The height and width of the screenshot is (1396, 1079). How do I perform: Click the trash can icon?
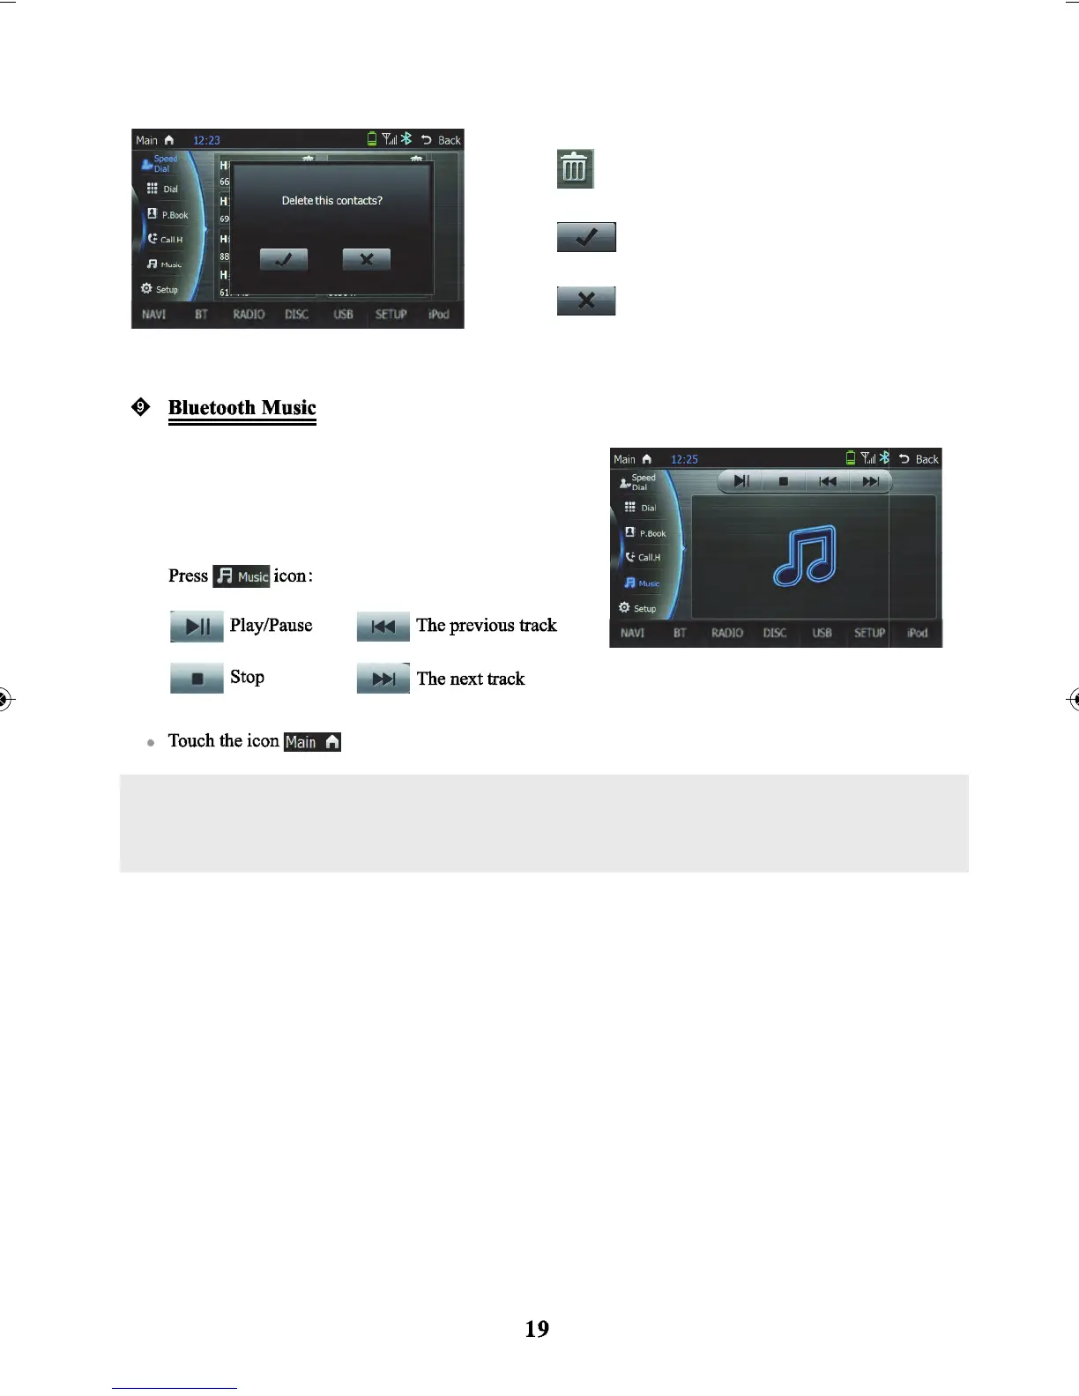coord(575,168)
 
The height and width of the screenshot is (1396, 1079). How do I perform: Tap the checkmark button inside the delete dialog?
coord(284,259)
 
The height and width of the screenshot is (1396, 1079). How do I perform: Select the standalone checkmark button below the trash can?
coord(586,237)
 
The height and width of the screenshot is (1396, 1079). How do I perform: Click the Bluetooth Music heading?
coord(242,407)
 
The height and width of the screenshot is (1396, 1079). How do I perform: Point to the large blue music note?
coord(805,556)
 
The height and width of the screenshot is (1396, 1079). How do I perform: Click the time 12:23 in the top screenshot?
coord(206,140)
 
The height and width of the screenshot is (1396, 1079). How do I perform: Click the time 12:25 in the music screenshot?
coord(684,459)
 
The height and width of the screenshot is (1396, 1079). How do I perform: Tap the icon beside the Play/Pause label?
coord(197,626)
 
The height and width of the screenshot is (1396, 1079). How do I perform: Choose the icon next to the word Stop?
coord(197,678)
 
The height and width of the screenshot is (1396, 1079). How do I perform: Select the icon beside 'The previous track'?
coord(383,626)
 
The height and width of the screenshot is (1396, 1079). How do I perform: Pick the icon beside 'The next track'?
coord(383,679)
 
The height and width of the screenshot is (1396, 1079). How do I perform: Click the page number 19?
coord(537,1329)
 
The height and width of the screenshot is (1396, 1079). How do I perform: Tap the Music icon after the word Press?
coord(242,576)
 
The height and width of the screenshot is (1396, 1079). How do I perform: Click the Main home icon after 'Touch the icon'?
coord(312,742)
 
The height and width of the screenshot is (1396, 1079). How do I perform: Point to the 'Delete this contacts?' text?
coord(331,201)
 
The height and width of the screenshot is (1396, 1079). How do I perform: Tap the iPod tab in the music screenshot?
coord(917,633)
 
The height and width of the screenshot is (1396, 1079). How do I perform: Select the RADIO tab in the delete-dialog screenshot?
coord(249,315)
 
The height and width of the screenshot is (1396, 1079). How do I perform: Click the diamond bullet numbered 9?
coord(140,406)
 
